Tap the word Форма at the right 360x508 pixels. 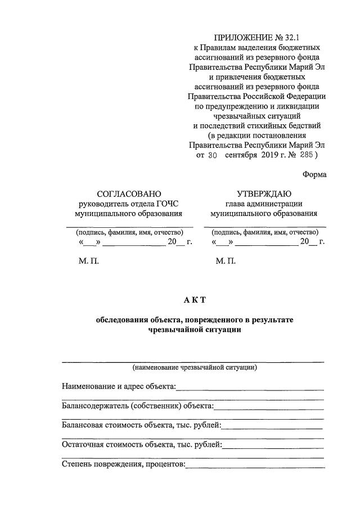click(314, 174)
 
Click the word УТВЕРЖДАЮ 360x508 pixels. click(264, 194)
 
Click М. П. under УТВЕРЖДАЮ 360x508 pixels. click(226, 262)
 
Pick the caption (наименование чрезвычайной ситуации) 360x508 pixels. click(195, 367)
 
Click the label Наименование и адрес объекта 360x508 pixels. click(119, 386)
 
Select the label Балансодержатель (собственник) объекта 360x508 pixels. click(137, 406)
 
